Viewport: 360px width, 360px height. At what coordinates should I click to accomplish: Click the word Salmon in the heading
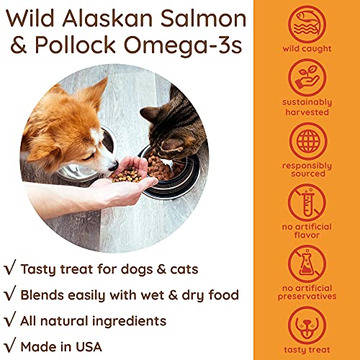(203, 19)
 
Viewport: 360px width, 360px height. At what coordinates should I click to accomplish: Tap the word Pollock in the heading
(76, 45)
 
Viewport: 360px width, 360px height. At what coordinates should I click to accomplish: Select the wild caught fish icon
(307, 24)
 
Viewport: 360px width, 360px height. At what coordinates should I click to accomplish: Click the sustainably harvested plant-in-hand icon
(307, 78)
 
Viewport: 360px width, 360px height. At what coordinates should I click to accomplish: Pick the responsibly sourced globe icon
(308, 141)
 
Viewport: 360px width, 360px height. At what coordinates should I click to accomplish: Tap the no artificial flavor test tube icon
(307, 202)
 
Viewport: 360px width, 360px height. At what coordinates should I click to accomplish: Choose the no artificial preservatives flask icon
(307, 264)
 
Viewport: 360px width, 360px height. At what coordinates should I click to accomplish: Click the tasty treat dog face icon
(307, 325)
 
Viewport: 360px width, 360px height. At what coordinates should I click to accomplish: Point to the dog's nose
(114, 166)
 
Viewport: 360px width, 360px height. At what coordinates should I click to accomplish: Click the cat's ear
(149, 113)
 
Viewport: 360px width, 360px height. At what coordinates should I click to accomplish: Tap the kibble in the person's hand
(127, 175)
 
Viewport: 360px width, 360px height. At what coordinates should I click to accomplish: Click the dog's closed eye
(88, 157)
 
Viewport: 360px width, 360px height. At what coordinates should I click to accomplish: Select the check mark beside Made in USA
(10, 345)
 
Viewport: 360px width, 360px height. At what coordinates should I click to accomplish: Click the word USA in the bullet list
(89, 347)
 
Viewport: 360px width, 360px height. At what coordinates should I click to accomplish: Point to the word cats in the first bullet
(184, 269)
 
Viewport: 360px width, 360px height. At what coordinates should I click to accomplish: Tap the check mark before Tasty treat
(10, 267)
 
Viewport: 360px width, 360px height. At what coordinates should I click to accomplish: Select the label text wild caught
(307, 49)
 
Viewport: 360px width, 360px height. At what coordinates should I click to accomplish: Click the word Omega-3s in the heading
(183, 46)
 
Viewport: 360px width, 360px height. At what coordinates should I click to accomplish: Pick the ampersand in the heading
(19, 45)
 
